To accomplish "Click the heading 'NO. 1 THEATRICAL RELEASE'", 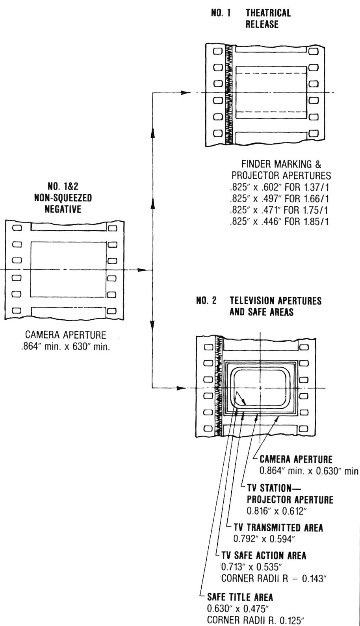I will (x=251, y=19).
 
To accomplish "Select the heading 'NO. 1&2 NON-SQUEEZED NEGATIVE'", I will (x=63, y=197).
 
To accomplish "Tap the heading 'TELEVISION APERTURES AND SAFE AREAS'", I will (x=275, y=306).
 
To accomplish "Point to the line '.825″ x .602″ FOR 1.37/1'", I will (x=280, y=187).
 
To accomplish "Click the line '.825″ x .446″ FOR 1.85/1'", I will (x=280, y=221).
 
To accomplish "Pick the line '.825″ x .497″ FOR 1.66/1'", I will (x=280, y=198).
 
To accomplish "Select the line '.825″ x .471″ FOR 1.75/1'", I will (x=280, y=210).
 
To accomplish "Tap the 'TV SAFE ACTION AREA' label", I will (x=264, y=556).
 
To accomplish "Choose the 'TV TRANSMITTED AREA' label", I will (x=278, y=528).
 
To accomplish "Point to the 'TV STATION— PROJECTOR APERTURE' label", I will (x=289, y=494).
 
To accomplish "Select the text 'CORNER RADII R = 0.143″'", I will (x=274, y=579).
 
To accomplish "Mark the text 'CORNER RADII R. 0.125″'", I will (x=255, y=620).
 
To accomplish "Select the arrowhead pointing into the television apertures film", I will (x=181, y=388).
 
